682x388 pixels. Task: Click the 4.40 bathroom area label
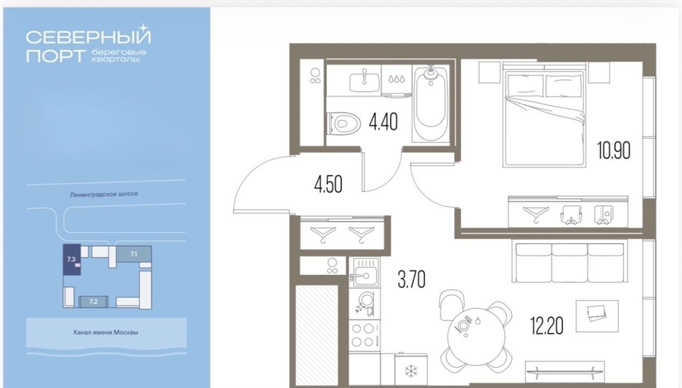(x=383, y=122)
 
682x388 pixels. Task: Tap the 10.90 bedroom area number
(x=613, y=150)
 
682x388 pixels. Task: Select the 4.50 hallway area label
(x=328, y=184)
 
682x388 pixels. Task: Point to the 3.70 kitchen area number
(x=412, y=279)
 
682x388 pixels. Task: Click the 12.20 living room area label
(x=547, y=325)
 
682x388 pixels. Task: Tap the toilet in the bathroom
(x=344, y=123)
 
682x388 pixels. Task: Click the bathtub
(x=431, y=104)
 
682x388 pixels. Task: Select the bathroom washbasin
(x=364, y=81)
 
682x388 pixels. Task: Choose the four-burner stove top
(x=364, y=335)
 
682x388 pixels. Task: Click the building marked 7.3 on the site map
(x=72, y=260)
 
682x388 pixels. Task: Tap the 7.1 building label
(x=133, y=254)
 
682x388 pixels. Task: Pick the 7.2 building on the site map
(x=93, y=301)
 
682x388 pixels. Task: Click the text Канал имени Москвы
(x=106, y=332)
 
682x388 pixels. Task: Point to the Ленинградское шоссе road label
(x=104, y=194)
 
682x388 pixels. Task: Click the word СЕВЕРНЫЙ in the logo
(x=89, y=37)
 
